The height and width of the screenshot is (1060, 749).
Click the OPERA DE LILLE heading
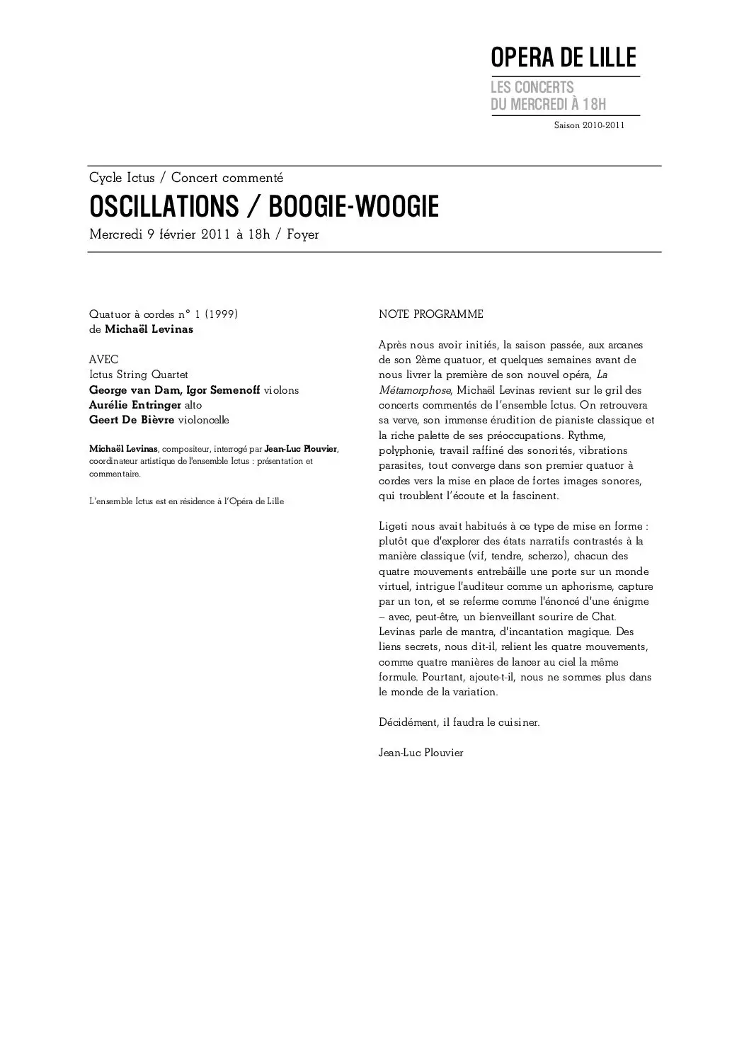pos(564,57)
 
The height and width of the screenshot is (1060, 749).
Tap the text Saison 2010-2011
pos(589,125)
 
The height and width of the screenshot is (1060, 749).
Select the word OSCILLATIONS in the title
pos(164,207)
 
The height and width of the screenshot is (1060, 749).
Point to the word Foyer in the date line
pos(303,235)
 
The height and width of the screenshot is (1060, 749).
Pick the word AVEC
pos(104,360)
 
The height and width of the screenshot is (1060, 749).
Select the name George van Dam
pos(135,390)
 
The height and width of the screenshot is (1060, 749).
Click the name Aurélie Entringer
pos(135,405)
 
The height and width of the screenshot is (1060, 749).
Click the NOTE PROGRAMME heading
pos(431,314)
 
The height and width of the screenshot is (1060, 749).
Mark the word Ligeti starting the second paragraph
pos(394,527)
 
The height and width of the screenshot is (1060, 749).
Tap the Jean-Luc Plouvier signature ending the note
pos(421,753)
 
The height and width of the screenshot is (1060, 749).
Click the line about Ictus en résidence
pos(186,501)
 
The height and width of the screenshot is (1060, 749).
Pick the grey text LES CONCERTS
pos(532,88)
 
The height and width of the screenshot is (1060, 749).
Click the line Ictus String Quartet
pos(139,375)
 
